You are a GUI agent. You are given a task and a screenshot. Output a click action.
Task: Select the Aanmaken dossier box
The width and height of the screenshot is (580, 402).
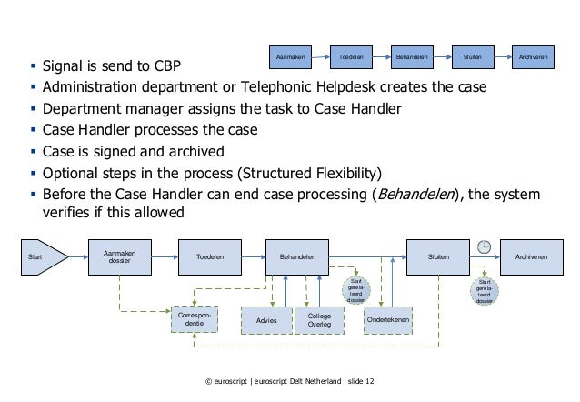tap(116, 257)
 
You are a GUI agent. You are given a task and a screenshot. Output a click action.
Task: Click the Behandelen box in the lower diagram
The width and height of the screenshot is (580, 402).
tap(298, 257)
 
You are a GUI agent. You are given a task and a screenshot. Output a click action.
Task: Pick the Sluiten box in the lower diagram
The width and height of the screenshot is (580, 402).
tap(438, 257)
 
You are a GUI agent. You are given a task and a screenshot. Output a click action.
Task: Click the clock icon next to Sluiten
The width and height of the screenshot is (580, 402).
tap(484, 248)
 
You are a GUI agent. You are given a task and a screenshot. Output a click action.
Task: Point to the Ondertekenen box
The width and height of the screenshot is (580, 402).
tap(387, 322)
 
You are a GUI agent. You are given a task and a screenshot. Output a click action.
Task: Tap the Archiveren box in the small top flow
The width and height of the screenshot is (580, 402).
tap(533, 55)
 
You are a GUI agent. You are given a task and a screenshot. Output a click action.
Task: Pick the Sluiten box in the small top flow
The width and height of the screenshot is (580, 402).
tap(472, 55)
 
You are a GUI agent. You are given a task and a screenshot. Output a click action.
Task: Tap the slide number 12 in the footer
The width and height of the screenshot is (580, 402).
tap(368, 392)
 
